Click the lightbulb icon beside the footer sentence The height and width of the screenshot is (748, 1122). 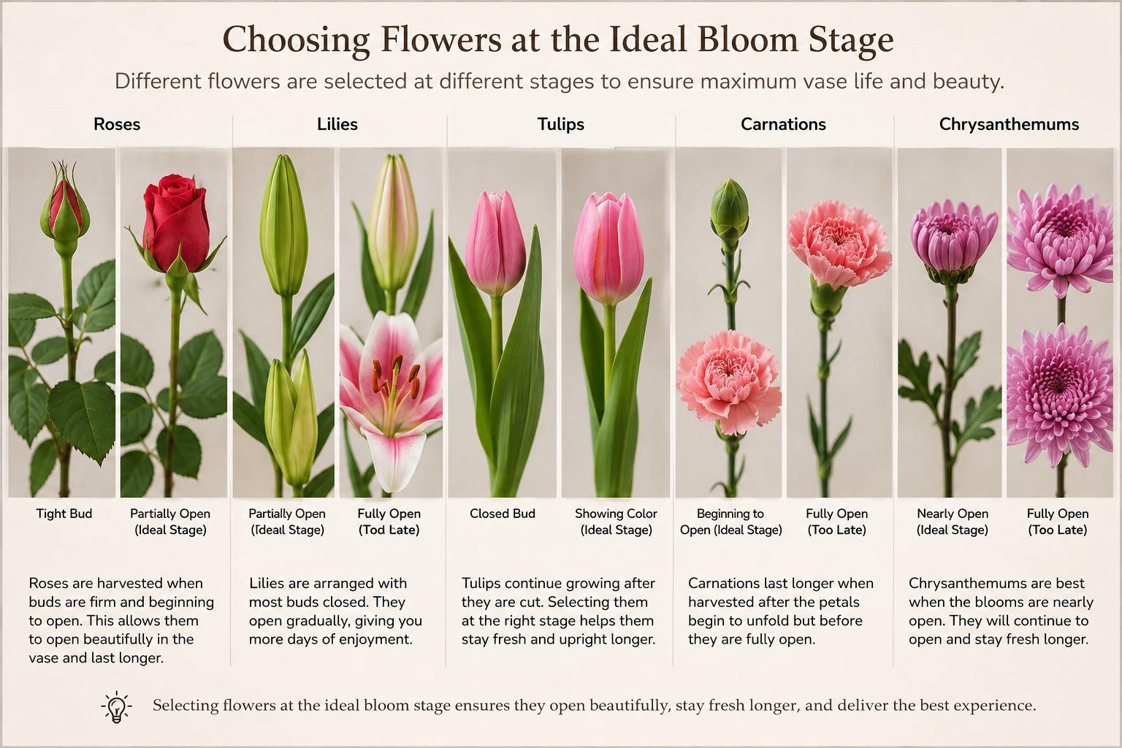click(x=117, y=707)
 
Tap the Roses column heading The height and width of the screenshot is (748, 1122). click(x=117, y=124)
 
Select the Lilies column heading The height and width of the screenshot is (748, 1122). click(x=337, y=124)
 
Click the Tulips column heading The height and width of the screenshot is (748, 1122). click(x=560, y=124)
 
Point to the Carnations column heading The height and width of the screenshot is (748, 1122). click(x=783, y=124)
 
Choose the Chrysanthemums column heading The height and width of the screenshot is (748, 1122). click(x=1009, y=125)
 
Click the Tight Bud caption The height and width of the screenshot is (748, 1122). click(x=64, y=514)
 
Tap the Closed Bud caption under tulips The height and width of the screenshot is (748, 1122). click(x=503, y=514)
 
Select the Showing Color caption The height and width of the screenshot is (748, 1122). click(x=616, y=514)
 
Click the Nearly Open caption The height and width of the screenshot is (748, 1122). click(x=953, y=514)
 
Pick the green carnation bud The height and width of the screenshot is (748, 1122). click(x=730, y=210)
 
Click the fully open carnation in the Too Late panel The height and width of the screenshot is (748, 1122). click(x=838, y=243)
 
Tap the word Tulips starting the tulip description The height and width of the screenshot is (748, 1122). click(x=481, y=584)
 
